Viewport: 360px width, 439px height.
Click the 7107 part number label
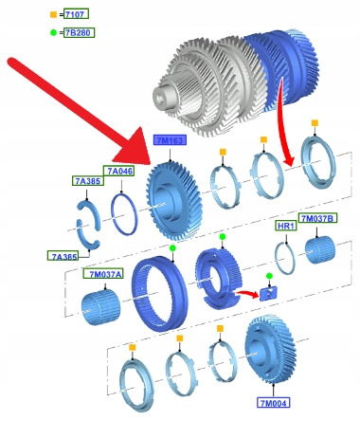(76, 14)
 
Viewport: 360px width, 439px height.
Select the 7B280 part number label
(79, 32)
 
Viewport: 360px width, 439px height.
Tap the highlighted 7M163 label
(170, 140)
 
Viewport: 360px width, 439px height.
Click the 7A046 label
(118, 171)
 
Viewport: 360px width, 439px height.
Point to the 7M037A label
(103, 274)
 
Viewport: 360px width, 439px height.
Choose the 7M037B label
(317, 218)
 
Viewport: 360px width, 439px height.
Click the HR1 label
(286, 226)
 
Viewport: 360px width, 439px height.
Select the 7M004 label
(274, 403)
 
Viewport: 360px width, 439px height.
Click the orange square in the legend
(53, 14)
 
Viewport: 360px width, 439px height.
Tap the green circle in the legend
(53, 32)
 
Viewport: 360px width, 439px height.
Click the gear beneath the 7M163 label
(173, 202)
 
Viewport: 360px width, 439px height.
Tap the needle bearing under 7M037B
(320, 249)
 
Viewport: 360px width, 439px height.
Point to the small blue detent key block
(268, 293)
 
